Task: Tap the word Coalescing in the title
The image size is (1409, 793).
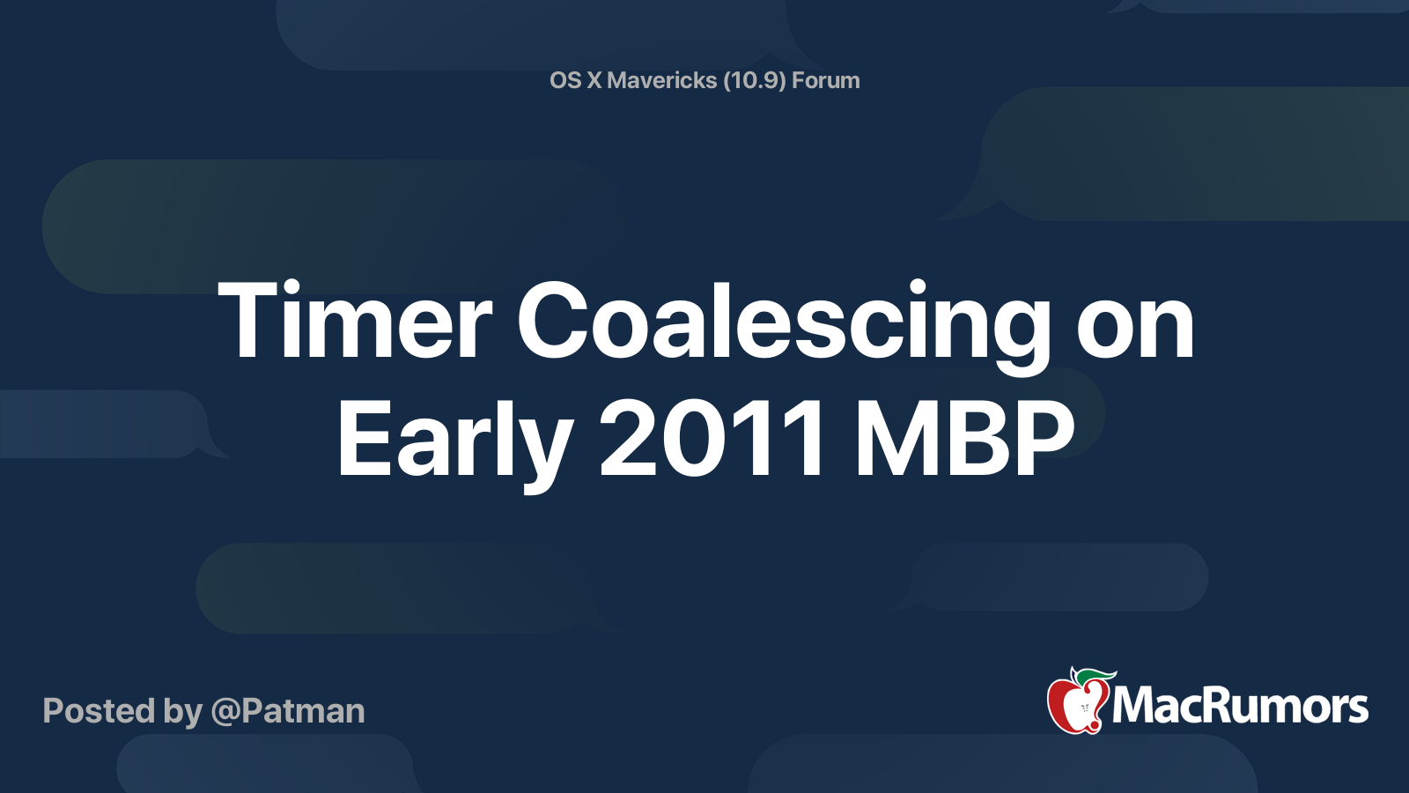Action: click(x=784, y=322)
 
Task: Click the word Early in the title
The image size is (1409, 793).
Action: click(x=454, y=439)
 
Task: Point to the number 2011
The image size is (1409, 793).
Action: click(x=712, y=439)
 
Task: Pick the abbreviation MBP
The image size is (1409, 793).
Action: click(x=964, y=439)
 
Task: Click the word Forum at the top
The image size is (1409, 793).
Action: click(x=825, y=80)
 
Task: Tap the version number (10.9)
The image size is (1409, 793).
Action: click(x=754, y=80)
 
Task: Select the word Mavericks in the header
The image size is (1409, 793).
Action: click(x=661, y=80)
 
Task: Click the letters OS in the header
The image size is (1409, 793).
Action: click(x=564, y=80)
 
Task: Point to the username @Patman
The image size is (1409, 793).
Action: click(x=288, y=711)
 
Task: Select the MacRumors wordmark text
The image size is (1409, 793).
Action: click(x=1240, y=706)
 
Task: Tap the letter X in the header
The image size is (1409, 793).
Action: click(x=594, y=80)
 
